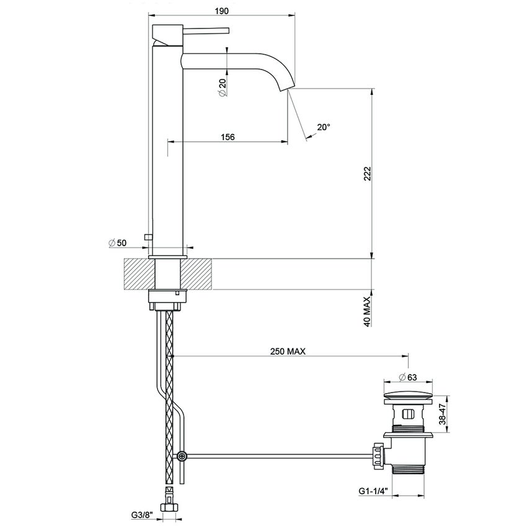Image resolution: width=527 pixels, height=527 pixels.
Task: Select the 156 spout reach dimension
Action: [227, 137]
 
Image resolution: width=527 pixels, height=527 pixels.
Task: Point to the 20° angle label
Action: [323, 126]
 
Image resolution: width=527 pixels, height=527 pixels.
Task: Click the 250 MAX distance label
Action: [288, 351]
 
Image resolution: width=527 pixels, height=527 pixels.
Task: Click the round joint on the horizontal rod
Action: [182, 456]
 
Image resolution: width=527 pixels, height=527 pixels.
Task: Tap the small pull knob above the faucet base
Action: [147, 236]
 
